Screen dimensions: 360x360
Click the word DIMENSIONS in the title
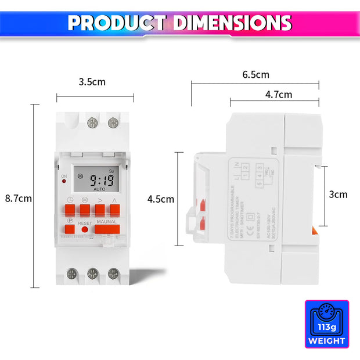[232, 23]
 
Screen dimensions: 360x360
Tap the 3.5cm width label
[92, 82]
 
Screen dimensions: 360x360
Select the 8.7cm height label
[18, 198]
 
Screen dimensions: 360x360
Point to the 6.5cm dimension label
[255, 75]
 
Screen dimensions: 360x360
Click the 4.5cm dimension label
[160, 199]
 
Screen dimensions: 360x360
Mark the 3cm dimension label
[338, 195]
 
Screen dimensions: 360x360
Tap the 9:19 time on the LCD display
[97, 181]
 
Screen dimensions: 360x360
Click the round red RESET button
[85, 230]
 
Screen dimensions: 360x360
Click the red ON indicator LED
[63, 182]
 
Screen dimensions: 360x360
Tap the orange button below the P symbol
[70, 229]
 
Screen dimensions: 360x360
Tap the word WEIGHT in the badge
[327, 341]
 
